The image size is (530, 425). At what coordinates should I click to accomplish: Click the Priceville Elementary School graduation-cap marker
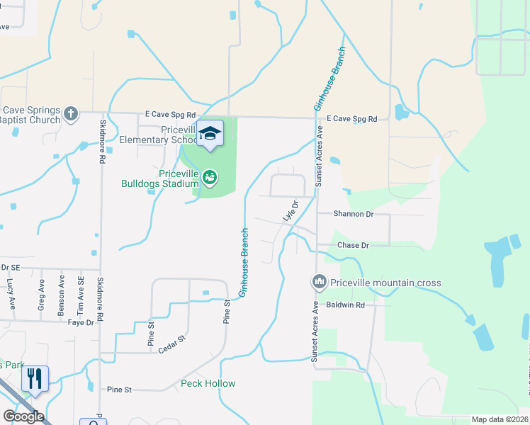(210, 133)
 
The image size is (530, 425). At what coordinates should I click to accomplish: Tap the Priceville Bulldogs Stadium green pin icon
(210, 177)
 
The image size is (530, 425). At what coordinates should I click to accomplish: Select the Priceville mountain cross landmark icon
(319, 283)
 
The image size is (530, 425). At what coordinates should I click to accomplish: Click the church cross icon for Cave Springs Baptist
(70, 113)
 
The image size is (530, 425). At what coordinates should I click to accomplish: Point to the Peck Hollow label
(208, 383)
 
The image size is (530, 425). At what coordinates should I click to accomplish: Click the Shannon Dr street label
(354, 213)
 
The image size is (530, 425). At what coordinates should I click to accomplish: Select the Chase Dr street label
(353, 245)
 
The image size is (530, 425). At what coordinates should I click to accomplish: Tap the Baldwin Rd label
(345, 305)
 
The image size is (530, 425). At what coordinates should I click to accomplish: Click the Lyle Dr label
(290, 210)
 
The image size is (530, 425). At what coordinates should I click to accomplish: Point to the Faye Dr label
(80, 323)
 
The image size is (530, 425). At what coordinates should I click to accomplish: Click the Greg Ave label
(41, 295)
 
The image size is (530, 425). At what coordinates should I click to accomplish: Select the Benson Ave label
(62, 297)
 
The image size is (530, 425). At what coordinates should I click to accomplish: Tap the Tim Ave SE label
(80, 296)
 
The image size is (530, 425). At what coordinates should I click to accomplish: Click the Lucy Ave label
(11, 293)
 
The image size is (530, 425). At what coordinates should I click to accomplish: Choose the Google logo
(23, 416)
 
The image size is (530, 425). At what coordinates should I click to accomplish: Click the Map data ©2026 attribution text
(500, 419)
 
